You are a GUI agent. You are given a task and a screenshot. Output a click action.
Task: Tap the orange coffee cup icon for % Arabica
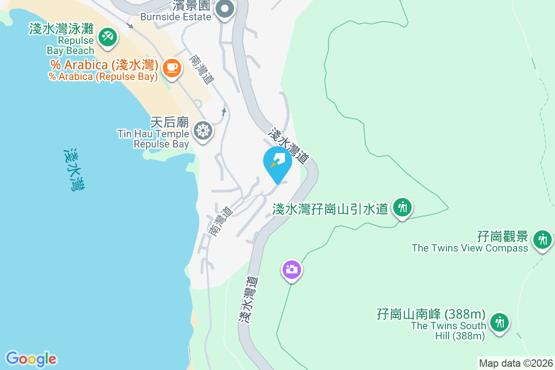point(172,68)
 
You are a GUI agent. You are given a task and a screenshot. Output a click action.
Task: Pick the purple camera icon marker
point(291,269)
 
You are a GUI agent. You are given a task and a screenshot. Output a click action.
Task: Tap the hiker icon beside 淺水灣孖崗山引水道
point(402,207)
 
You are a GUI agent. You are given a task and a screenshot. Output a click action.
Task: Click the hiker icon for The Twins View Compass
point(542,240)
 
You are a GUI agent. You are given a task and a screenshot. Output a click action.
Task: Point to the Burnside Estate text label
point(176,17)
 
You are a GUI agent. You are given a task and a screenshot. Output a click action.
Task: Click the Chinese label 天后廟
point(170,123)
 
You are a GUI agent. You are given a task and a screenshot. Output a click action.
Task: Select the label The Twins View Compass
point(470,248)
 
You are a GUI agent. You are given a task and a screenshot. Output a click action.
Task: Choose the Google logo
point(31,358)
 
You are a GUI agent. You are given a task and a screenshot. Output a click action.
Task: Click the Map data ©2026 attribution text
point(516,363)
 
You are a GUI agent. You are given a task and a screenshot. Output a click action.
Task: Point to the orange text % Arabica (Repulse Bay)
point(103,77)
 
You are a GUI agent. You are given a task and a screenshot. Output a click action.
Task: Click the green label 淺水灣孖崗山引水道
point(330,209)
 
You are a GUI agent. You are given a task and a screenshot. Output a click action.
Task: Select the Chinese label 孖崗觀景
point(503,237)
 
